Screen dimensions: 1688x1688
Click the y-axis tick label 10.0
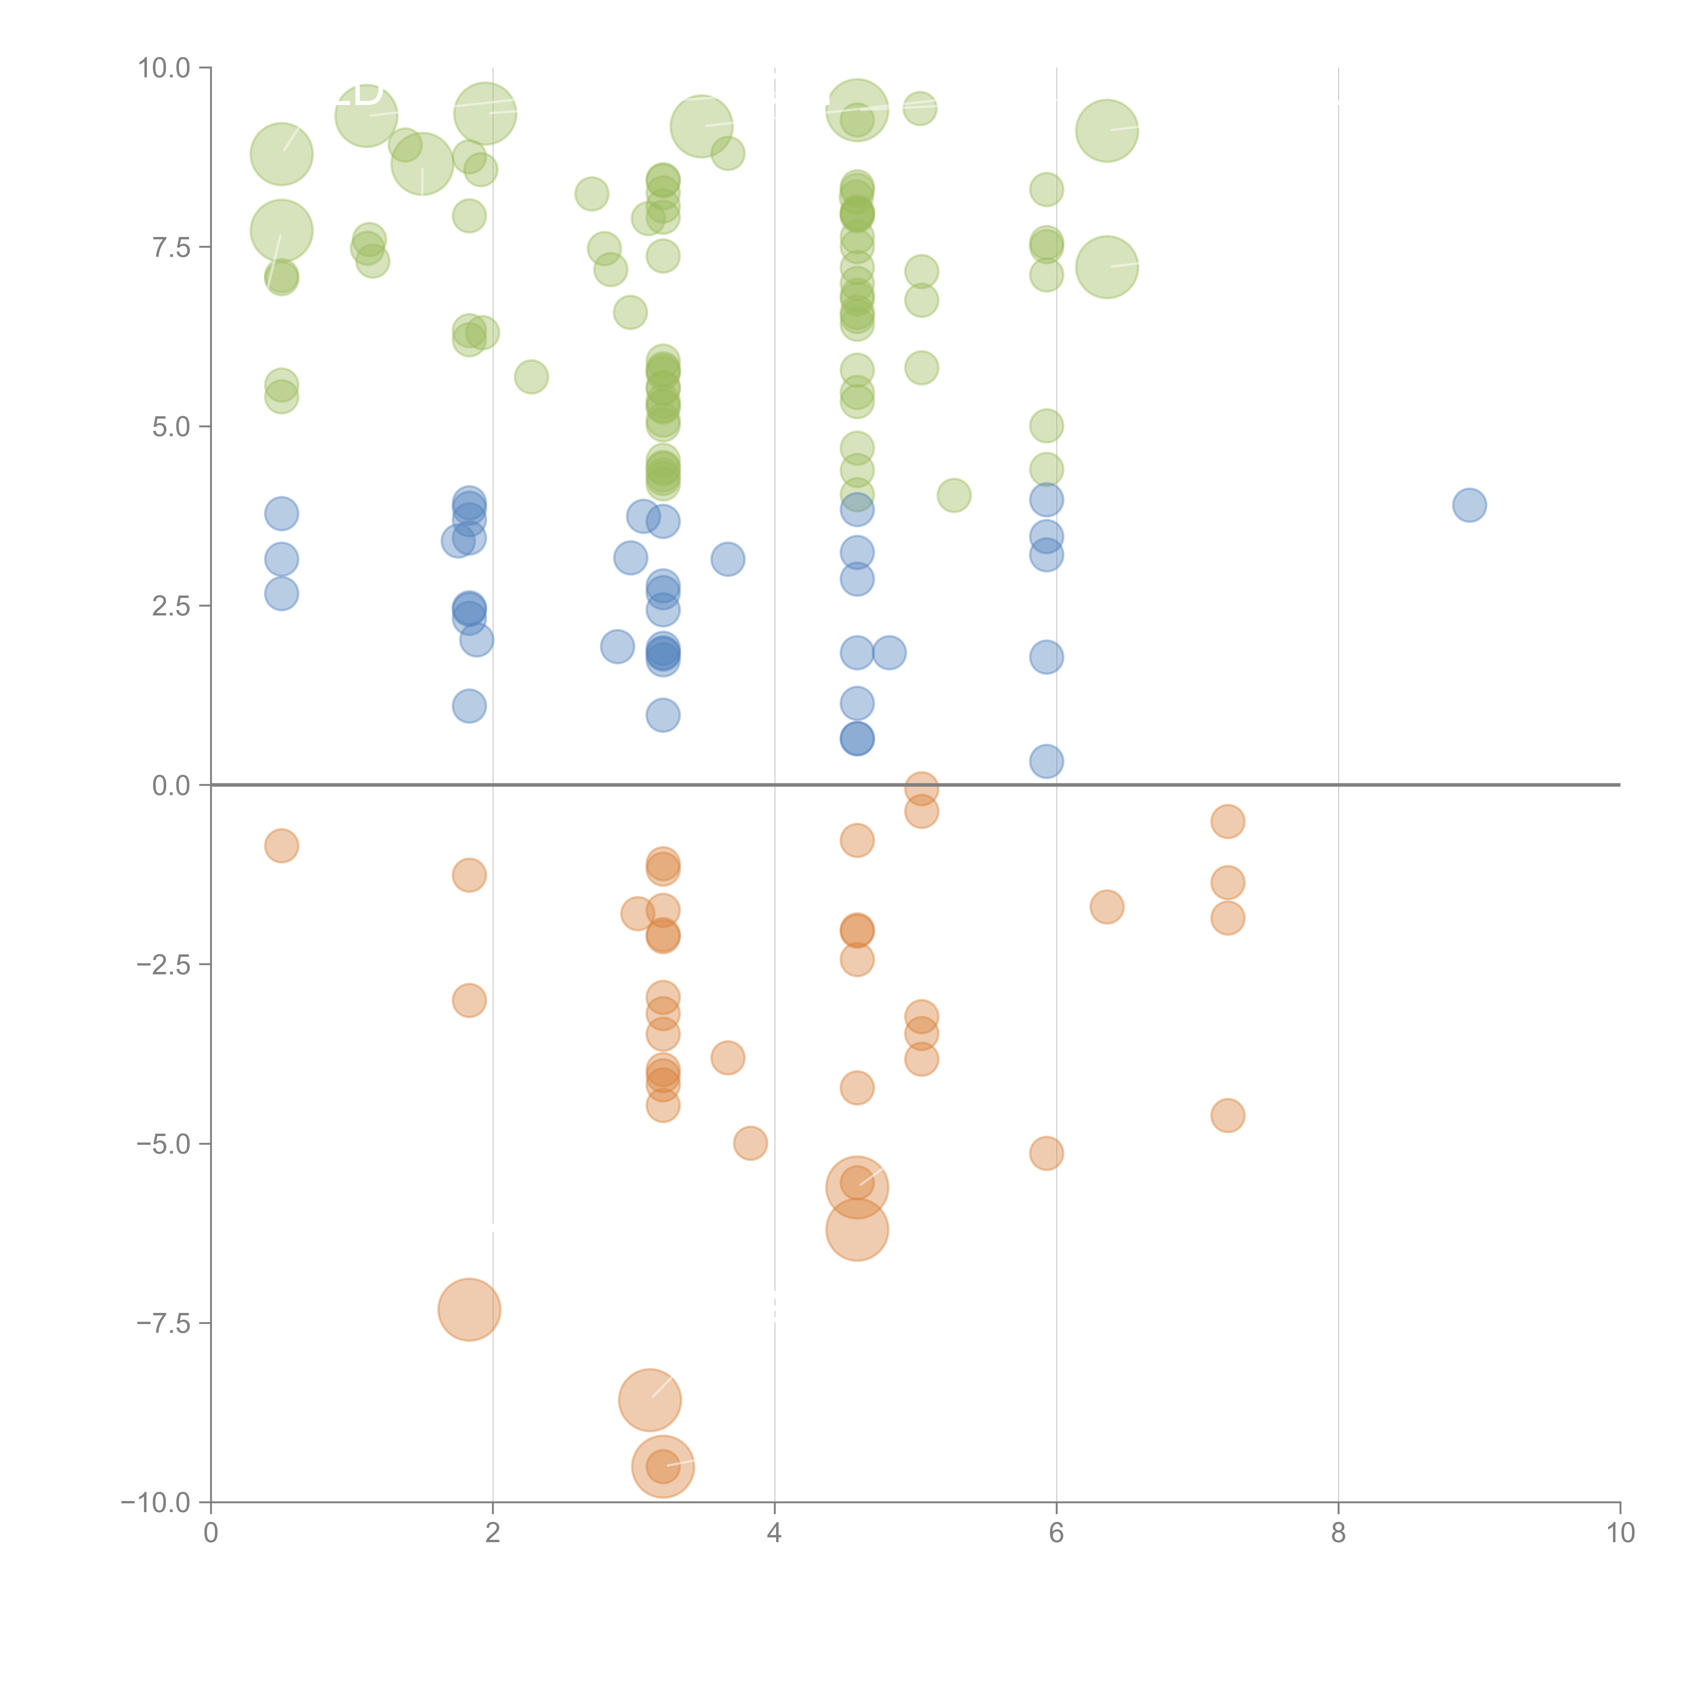[164, 68]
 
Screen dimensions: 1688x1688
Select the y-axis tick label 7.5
[171, 247]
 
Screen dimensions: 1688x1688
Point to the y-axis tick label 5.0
[171, 426]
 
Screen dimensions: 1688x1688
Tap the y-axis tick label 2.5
[171, 605]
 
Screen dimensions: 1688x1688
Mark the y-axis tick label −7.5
[164, 1323]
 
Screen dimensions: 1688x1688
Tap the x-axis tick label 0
[211, 1533]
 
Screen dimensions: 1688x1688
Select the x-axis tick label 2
[493, 1533]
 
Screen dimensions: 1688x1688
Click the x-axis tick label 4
[774, 1533]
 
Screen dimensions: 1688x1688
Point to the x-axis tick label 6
[1056, 1533]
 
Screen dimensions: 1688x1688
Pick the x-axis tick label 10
[1620, 1533]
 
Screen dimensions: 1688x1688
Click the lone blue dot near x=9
[1470, 505]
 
